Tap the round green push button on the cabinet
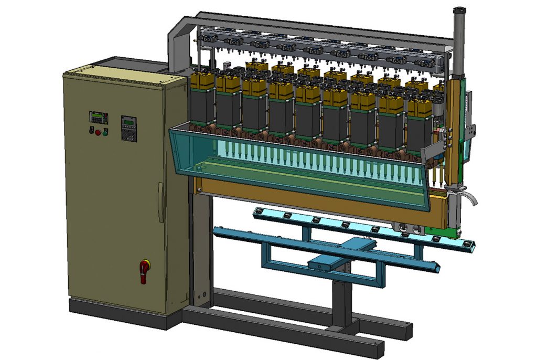pyautogui.click(x=105, y=132)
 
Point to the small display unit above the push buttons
pyautogui.click(x=98, y=117)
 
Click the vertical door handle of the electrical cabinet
pyautogui.click(x=161, y=202)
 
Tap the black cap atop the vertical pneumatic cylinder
pyautogui.click(x=459, y=11)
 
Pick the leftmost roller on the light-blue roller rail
pyautogui.click(x=257, y=210)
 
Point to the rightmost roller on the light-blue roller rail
pyautogui.click(x=465, y=244)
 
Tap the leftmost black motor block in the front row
pyautogui.click(x=202, y=107)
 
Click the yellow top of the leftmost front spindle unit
pyautogui.click(x=202, y=80)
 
